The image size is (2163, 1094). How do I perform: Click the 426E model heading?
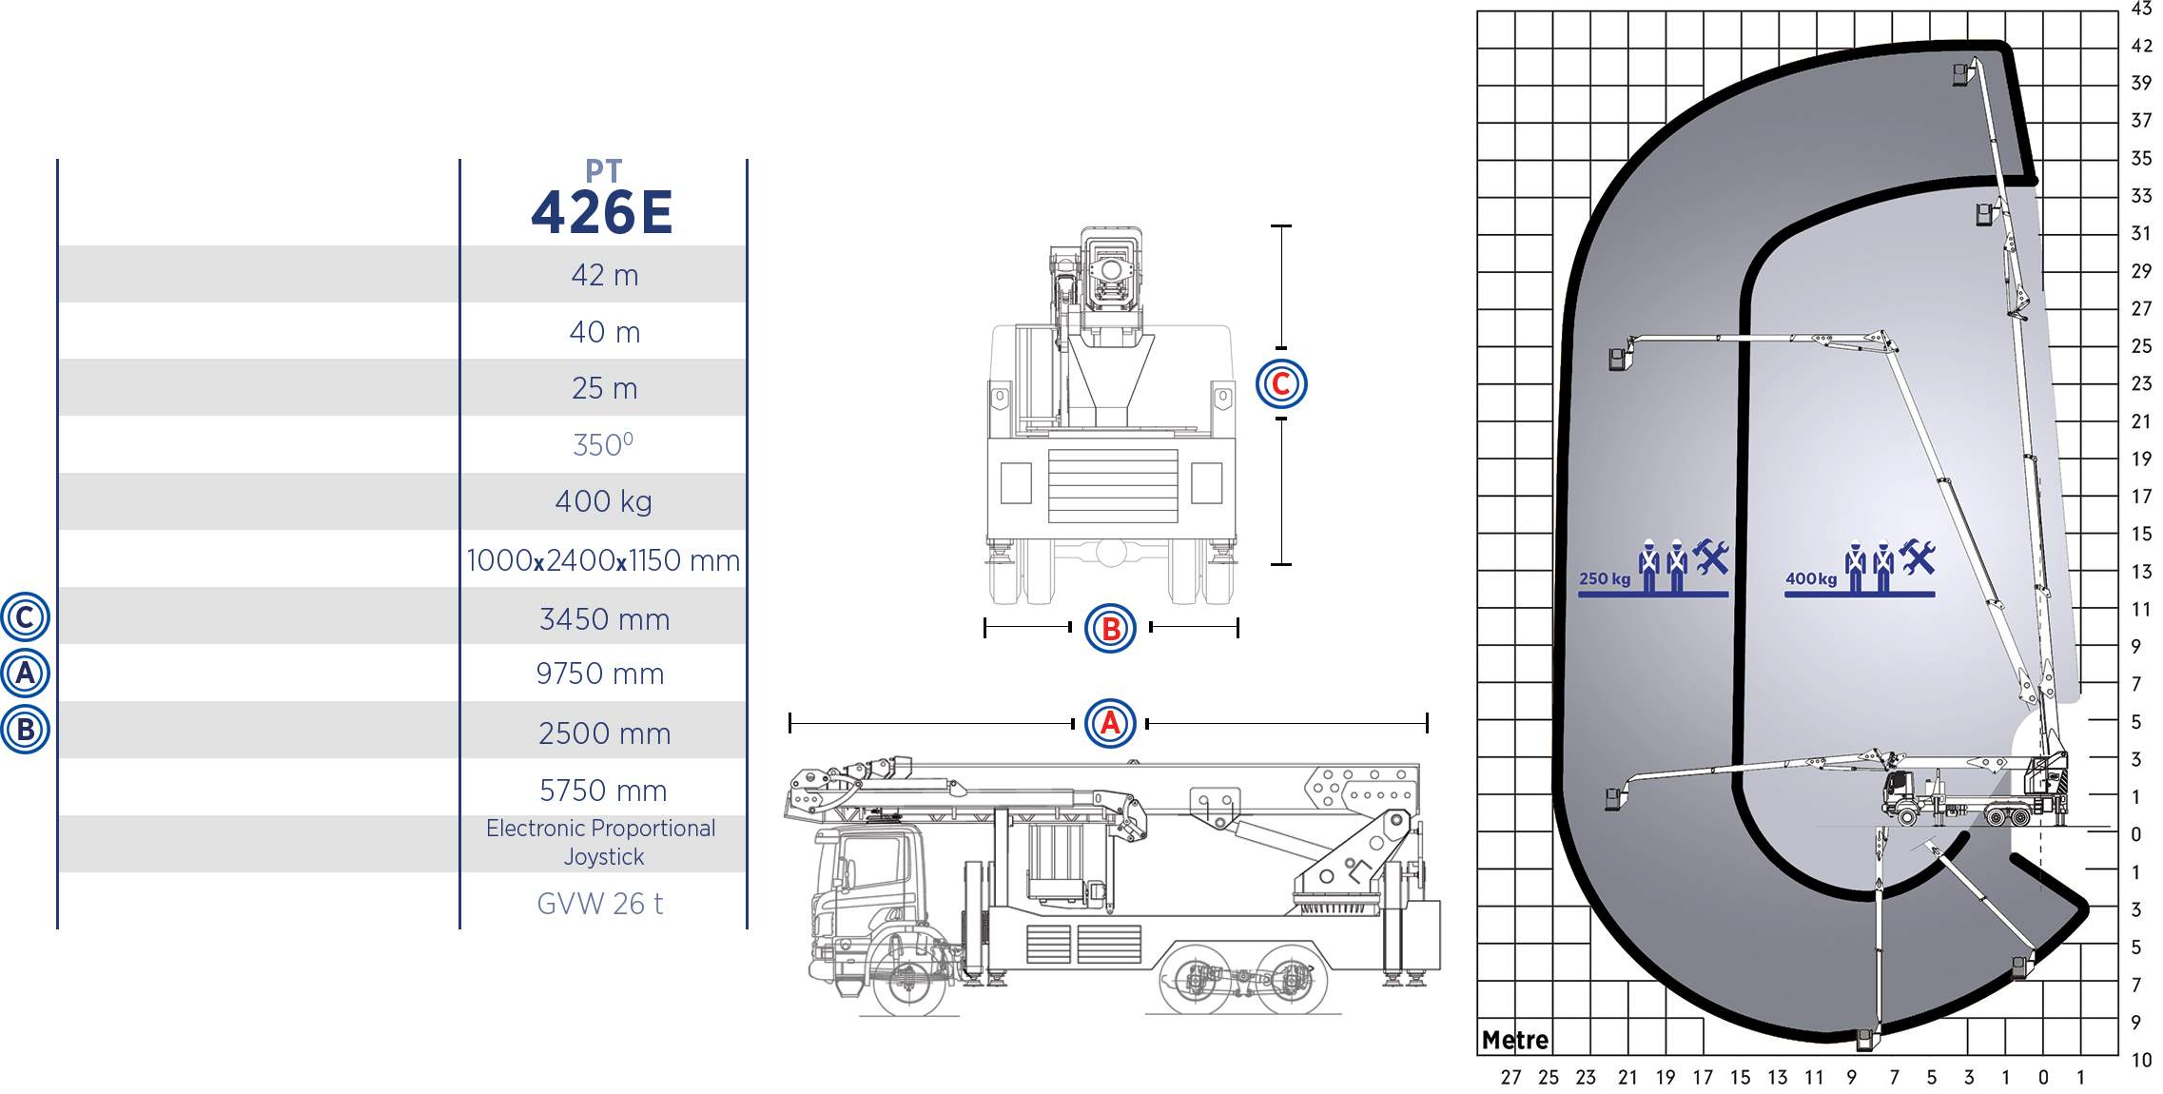click(x=602, y=212)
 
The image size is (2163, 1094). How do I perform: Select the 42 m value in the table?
click(x=605, y=275)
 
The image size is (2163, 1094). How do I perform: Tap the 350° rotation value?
click(x=603, y=444)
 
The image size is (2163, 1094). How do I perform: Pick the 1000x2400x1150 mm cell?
click(x=603, y=560)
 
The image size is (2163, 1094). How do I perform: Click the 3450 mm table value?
click(x=605, y=619)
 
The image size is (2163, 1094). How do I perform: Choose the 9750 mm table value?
click(x=600, y=674)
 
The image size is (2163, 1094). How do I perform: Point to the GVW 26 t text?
click(x=600, y=904)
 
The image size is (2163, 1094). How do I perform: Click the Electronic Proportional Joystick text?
click(x=601, y=842)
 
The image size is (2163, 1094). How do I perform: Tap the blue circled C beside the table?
click(x=25, y=617)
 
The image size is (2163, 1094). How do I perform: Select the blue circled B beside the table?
click(x=25, y=730)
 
